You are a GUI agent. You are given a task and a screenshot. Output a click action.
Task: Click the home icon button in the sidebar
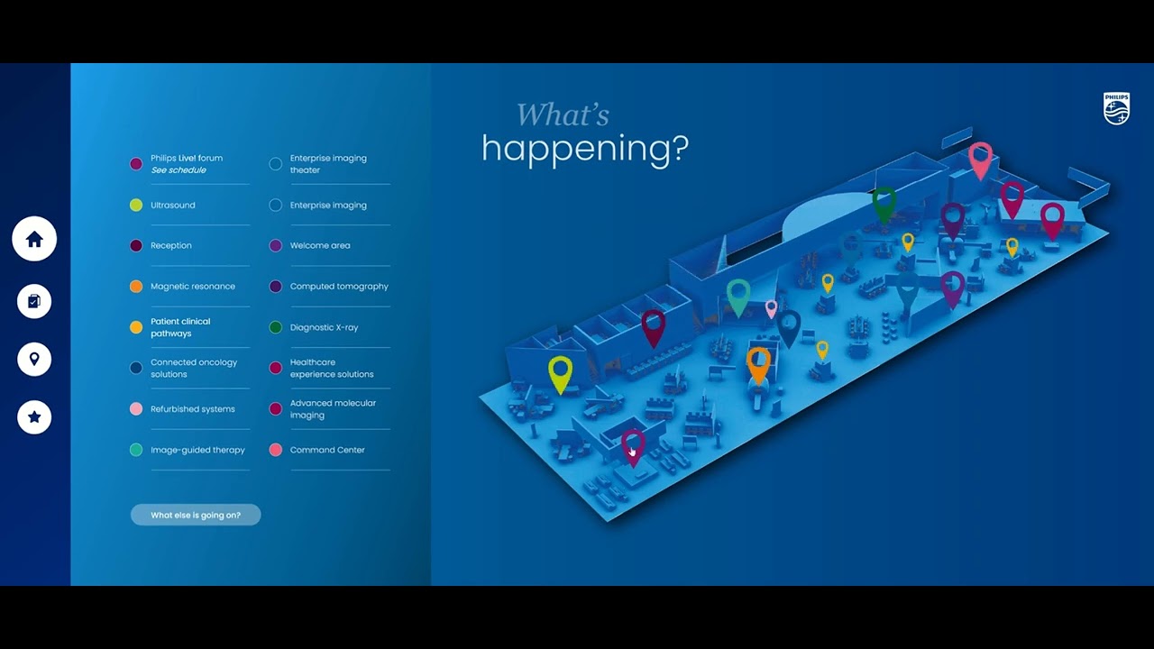tap(34, 239)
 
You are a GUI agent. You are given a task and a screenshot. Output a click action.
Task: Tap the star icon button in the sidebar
tap(34, 416)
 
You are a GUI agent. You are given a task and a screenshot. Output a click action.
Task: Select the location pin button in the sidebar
tap(34, 359)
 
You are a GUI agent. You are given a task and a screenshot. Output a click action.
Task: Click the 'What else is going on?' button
tap(196, 515)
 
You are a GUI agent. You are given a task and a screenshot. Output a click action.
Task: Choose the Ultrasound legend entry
tap(173, 206)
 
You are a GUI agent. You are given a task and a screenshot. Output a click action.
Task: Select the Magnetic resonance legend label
tap(193, 287)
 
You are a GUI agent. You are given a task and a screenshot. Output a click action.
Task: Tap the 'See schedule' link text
tap(179, 170)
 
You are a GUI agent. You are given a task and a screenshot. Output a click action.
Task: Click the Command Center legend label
tap(327, 450)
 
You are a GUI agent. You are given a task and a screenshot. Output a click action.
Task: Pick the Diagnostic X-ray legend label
tap(324, 327)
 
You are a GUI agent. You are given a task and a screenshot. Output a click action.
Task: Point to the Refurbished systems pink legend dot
tap(136, 409)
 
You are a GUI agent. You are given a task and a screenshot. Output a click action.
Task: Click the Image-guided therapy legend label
tap(197, 450)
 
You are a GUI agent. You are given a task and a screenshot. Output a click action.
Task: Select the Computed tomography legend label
tap(339, 287)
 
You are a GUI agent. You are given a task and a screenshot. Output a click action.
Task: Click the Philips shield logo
tap(1116, 108)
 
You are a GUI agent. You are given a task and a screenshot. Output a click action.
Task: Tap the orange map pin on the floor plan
tap(759, 363)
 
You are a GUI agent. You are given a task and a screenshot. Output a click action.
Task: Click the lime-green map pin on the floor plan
tap(561, 371)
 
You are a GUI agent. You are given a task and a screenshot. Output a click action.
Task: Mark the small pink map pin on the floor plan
tap(771, 308)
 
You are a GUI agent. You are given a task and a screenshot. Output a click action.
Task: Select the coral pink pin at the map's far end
tap(980, 159)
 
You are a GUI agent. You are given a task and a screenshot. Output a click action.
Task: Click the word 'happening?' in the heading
tap(584, 148)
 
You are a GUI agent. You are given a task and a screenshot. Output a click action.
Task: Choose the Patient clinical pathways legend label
tap(180, 327)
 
